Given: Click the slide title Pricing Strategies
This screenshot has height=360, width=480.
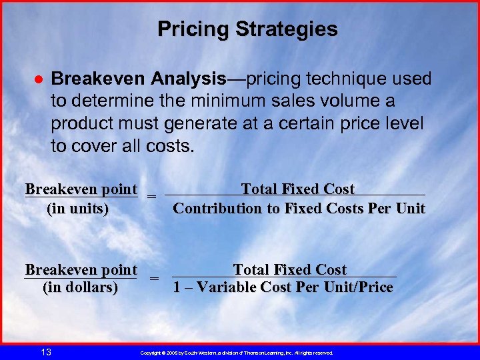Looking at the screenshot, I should (247, 29).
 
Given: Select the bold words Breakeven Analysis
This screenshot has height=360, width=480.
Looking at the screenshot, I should (139, 79).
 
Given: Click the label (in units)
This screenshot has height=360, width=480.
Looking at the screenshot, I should (77, 209).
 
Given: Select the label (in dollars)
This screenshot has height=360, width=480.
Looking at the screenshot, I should (80, 288).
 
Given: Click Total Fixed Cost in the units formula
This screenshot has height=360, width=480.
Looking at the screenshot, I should (297, 189).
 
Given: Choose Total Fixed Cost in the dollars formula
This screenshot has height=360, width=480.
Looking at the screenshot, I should (289, 270).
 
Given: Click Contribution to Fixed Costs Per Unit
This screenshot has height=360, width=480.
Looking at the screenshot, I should (299, 209).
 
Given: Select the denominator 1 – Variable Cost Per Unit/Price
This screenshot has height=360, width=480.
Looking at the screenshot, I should (283, 288).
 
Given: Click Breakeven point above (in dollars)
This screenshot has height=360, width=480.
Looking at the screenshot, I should (81, 270).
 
